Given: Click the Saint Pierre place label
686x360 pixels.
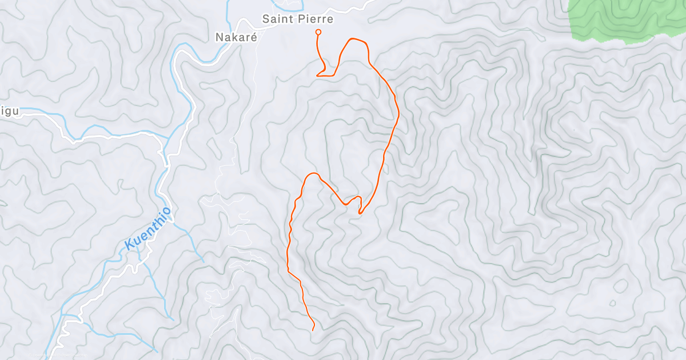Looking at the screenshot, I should click(297, 19).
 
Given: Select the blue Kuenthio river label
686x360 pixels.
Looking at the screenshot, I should click(148, 229).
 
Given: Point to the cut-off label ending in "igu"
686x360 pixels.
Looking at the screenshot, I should click(10, 111).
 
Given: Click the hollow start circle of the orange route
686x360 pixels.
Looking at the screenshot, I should click(318, 32).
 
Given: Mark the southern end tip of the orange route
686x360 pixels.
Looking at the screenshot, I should click(313, 330).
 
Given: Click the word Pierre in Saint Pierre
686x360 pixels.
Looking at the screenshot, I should click(315, 19).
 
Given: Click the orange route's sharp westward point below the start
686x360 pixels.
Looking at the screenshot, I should click(318, 75).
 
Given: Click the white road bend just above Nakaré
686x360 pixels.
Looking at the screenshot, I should click(243, 23).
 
